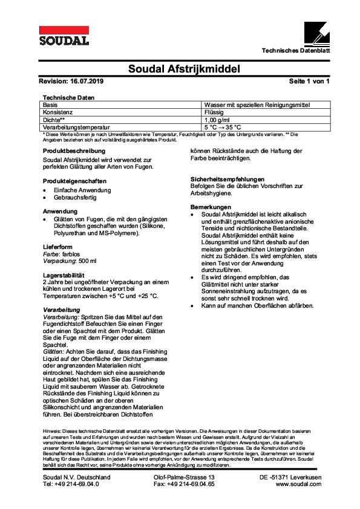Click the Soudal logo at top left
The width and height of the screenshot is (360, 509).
tap(64, 36)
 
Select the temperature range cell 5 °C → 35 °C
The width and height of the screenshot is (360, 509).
tap(223, 127)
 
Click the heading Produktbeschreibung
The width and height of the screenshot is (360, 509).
tap(74, 150)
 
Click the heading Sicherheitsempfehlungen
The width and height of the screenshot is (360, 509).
tap(227, 180)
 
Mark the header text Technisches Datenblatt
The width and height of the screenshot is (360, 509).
tap(295, 50)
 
